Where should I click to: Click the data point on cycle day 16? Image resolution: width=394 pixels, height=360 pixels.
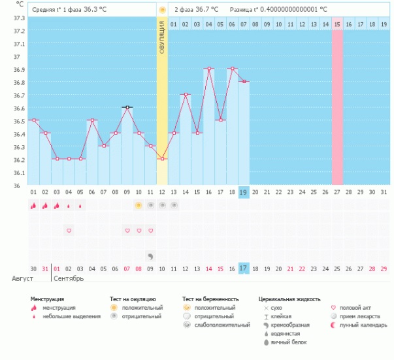(209, 68)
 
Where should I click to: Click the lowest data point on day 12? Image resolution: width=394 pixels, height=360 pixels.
(162, 159)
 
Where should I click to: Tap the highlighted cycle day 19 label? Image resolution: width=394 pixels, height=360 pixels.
(244, 192)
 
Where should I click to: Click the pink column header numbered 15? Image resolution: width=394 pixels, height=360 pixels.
(337, 24)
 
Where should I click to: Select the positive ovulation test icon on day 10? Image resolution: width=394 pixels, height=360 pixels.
(138, 205)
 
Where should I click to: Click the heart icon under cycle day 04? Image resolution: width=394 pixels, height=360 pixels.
(69, 231)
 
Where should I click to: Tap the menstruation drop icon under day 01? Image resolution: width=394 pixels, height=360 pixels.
(33, 205)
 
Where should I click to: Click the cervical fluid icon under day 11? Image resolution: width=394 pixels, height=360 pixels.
(150, 257)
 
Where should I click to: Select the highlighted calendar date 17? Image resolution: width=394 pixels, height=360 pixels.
(244, 269)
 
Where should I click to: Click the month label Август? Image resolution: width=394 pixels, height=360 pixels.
(22, 279)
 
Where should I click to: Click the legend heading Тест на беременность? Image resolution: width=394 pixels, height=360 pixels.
(215, 299)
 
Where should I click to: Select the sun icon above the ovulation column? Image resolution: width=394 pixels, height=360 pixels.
(162, 10)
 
